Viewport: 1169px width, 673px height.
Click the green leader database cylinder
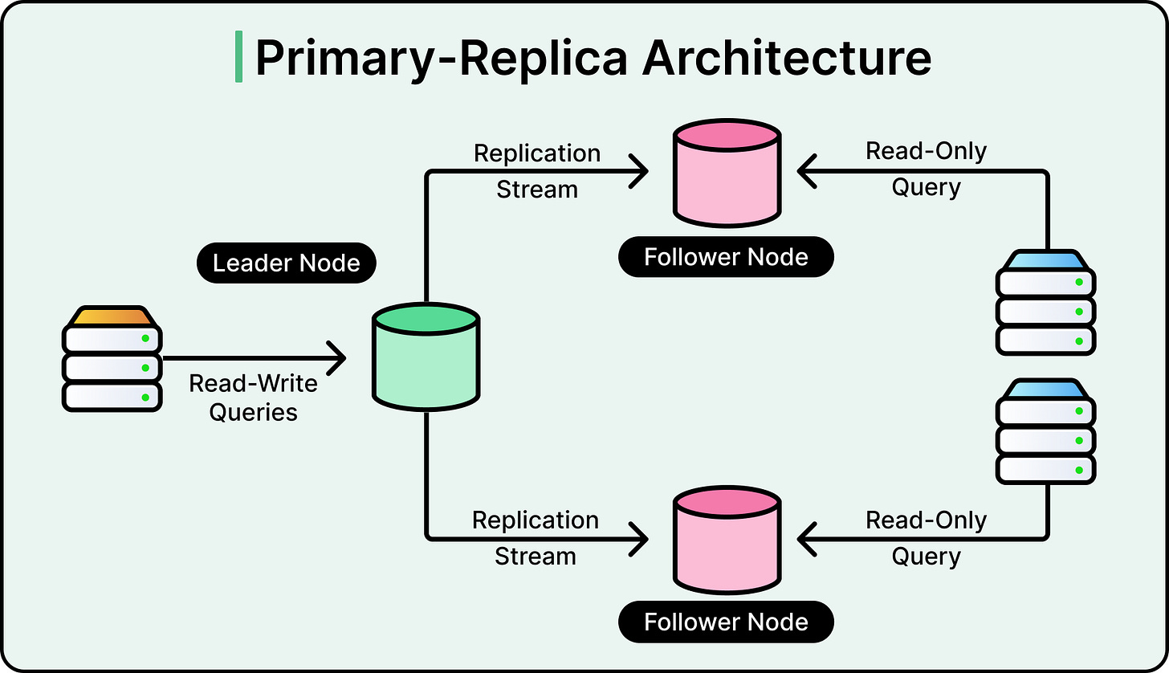[x=426, y=357]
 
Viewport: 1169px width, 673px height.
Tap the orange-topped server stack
[x=112, y=358]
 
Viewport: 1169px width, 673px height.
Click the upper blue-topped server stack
[x=1045, y=303]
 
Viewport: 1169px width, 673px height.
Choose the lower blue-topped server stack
[x=1045, y=433]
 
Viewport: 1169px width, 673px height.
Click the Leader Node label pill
[x=286, y=263]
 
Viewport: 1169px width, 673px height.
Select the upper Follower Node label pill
[x=726, y=257]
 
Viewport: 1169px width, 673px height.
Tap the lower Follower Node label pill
[x=726, y=622]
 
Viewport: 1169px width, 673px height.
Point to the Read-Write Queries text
[x=253, y=398]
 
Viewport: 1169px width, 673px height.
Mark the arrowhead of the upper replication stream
[x=639, y=172]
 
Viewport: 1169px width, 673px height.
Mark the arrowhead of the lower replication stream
[x=639, y=539]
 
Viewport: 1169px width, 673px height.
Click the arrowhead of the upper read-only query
[x=806, y=172]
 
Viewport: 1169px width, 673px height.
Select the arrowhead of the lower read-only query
[x=806, y=539]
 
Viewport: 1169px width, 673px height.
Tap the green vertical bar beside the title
[x=238, y=56]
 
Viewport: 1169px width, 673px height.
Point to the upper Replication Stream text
[x=537, y=171]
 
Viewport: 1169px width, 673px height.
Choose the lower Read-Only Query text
[x=926, y=538]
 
